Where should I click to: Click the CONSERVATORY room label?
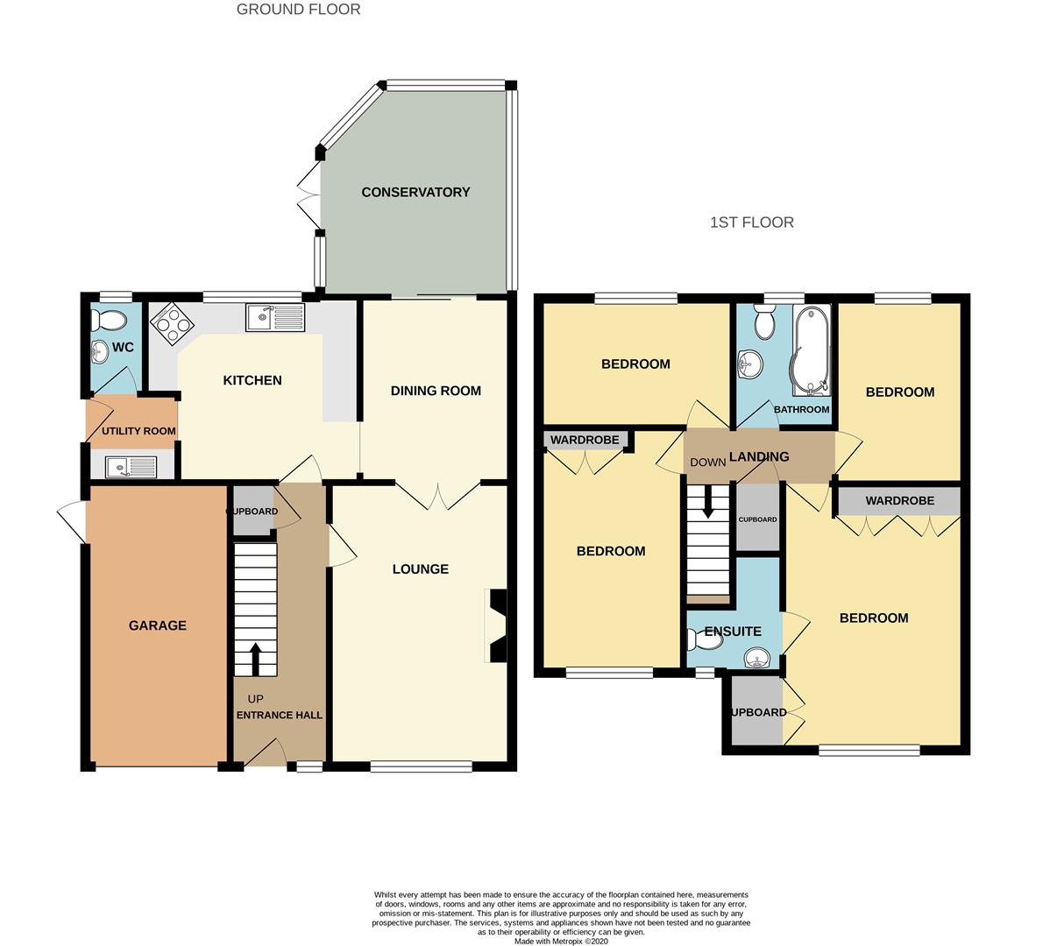pos(415,192)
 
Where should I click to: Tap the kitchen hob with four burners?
pos(172,324)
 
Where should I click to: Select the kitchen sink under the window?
pos(275,317)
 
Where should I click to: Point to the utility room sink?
pos(131,466)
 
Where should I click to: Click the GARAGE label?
pos(158,625)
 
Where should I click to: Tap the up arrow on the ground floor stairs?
pos(255,659)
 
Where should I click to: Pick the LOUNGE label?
pos(421,568)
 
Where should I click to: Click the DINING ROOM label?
pos(436,391)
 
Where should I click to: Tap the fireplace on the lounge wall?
pos(497,625)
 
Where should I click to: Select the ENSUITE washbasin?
pos(758,658)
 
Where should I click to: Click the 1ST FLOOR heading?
pos(751,222)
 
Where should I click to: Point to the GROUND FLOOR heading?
pos(299,10)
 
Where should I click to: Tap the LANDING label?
pos(759,456)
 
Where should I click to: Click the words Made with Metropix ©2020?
pos(561,942)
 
